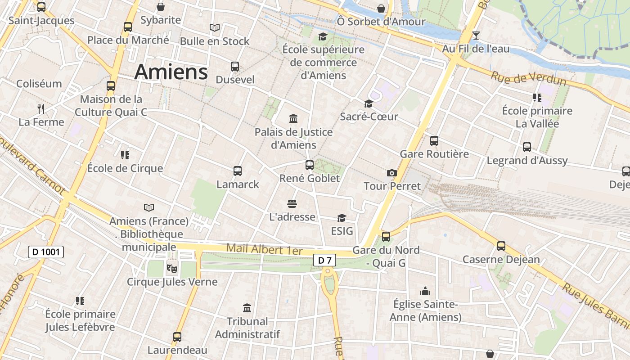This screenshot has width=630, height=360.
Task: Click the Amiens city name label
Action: (171, 72)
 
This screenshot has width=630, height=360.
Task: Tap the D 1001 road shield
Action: (46, 252)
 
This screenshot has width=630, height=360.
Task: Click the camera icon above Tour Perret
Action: (392, 173)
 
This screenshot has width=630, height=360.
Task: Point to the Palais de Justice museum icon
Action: (293, 119)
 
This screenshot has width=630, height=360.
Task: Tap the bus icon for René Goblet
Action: (310, 165)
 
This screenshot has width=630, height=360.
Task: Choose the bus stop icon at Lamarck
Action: (238, 171)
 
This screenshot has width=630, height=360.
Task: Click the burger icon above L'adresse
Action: (292, 204)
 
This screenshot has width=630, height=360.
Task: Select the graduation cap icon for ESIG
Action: (342, 218)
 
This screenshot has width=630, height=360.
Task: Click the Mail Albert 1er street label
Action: (264, 249)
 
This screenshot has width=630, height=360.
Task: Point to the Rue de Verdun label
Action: (528, 78)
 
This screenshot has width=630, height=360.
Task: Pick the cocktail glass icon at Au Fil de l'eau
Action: (476, 36)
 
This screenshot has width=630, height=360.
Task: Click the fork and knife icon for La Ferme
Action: (41, 108)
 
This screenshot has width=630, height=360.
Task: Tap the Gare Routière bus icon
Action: (434, 141)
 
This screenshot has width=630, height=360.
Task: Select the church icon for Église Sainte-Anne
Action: (425, 291)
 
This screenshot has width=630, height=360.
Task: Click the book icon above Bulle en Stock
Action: (215, 28)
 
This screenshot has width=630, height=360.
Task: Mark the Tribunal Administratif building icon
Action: (247, 308)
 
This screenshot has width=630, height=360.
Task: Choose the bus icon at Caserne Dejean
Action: (501, 246)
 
